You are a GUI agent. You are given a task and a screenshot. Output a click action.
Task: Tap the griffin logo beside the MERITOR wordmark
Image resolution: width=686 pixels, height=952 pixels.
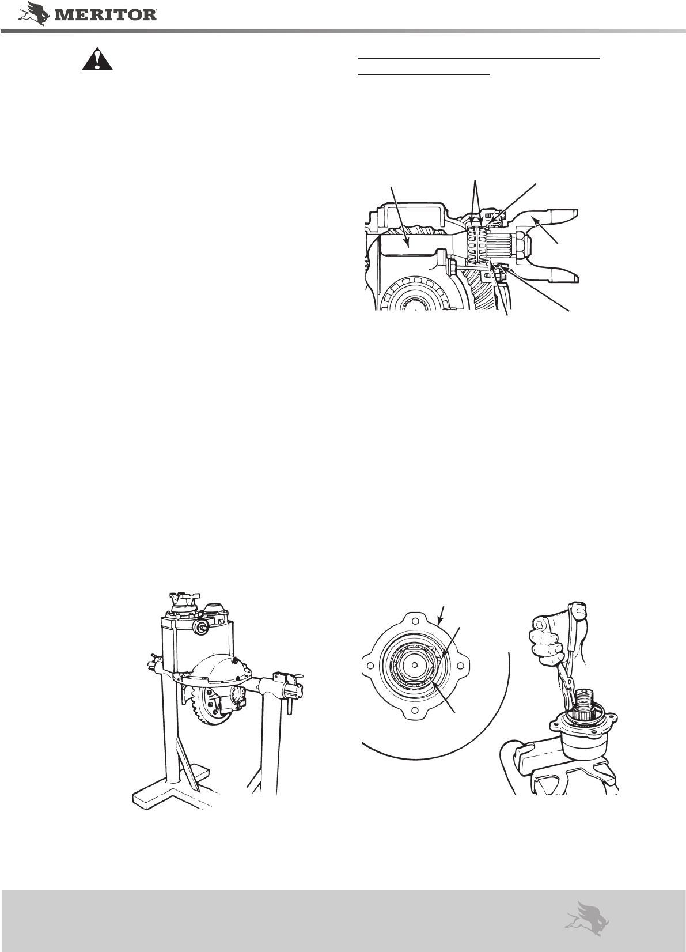[x=33, y=13]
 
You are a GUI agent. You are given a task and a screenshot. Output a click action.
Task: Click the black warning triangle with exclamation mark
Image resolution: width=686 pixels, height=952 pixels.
[x=97, y=59]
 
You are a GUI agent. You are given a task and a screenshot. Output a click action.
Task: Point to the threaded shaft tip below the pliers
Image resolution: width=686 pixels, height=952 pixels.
[x=588, y=697]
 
